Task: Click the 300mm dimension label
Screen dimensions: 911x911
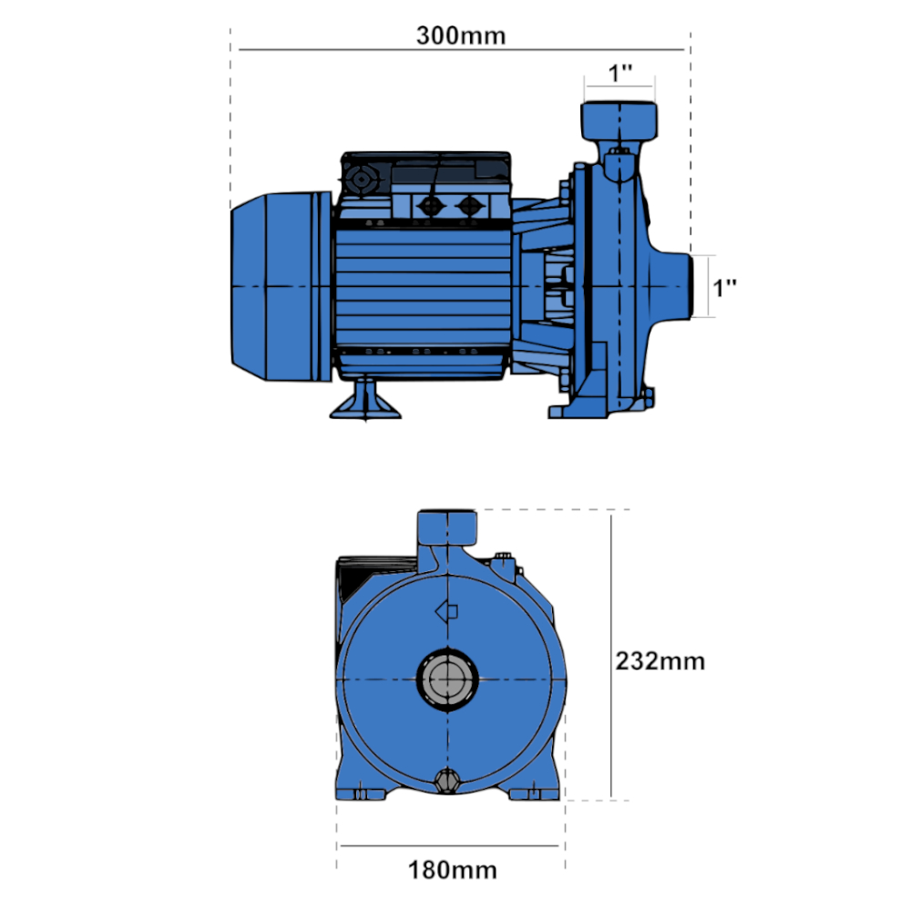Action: [x=461, y=36]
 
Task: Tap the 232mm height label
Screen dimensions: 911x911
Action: [x=660, y=661]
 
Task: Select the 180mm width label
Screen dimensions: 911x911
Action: [x=453, y=870]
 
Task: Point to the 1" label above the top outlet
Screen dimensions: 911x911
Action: [x=619, y=73]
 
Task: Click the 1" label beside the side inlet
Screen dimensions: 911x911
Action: [x=724, y=288]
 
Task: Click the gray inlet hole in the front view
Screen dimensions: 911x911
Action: [x=447, y=680]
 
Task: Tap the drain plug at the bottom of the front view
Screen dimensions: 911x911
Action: [x=447, y=781]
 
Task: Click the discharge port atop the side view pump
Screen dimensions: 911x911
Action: [x=619, y=121]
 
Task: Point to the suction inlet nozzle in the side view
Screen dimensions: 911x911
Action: [x=674, y=286]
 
